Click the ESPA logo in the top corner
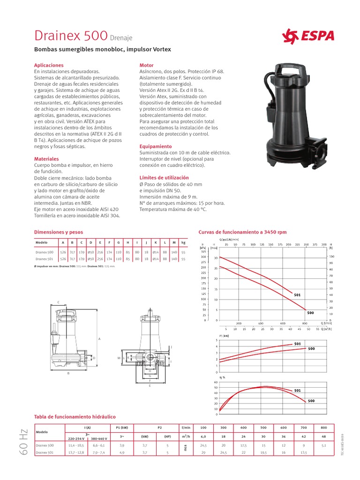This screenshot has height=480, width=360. [x=308, y=36]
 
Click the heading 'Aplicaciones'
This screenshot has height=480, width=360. [x=49, y=65]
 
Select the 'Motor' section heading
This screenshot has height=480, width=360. [x=147, y=65]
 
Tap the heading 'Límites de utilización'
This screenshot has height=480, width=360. [x=164, y=178]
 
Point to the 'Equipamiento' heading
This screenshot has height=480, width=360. [x=156, y=146]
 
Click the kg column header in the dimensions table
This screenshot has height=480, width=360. [x=184, y=243]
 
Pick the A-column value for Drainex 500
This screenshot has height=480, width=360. [x=63, y=252]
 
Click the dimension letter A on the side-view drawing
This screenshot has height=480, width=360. [x=99, y=338]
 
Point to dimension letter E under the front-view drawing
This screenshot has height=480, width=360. [x=150, y=385]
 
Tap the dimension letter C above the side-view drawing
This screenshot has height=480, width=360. [x=58, y=302]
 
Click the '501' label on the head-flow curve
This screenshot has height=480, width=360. [x=297, y=295]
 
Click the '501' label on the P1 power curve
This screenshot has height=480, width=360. [x=297, y=344]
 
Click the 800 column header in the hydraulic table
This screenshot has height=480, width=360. [x=323, y=428]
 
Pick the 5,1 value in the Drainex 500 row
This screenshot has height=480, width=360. [x=323, y=445]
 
